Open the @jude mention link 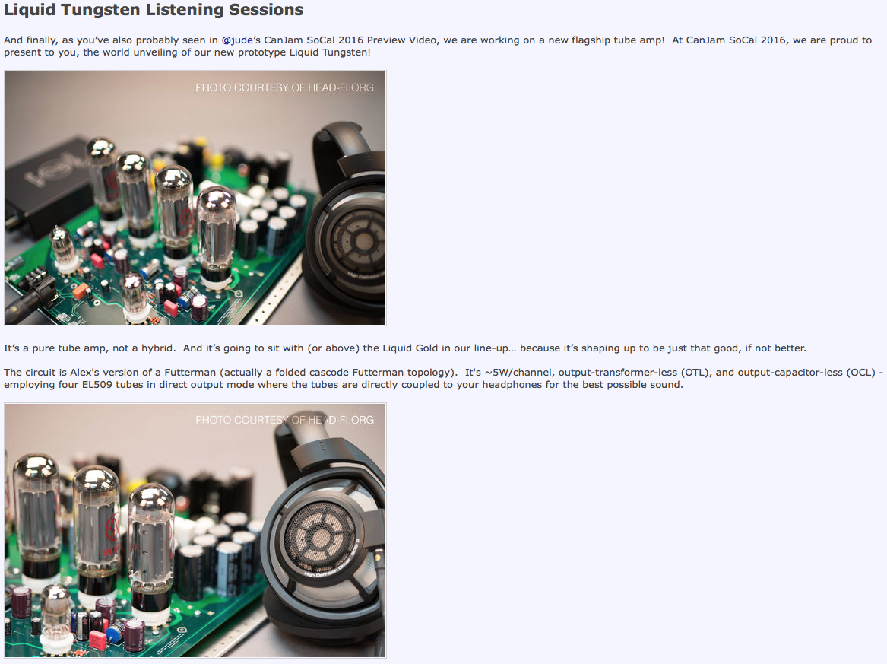point(237,40)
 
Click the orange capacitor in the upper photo point(81,291)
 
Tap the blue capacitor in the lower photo point(116,632)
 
